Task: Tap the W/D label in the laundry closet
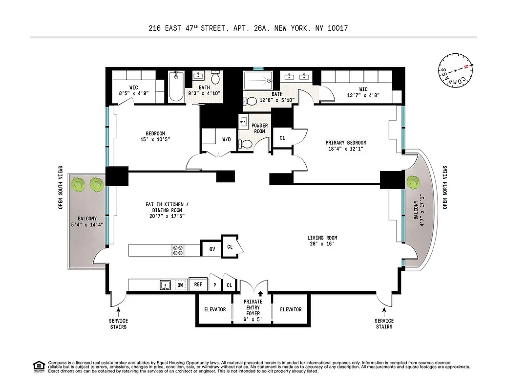(x=227, y=139)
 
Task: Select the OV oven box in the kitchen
(x=211, y=249)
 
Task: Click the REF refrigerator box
(x=198, y=284)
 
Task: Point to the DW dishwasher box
(x=180, y=284)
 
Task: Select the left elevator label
(x=215, y=309)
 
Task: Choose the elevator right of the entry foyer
(x=291, y=309)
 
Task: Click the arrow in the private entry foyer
(x=260, y=294)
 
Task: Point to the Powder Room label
(x=259, y=129)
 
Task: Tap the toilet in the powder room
(x=247, y=144)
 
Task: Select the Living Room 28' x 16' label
(x=323, y=241)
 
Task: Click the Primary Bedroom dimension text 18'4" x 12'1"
(x=346, y=149)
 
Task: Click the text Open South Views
(x=61, y=187)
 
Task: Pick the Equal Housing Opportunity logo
(x=38, y=366)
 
